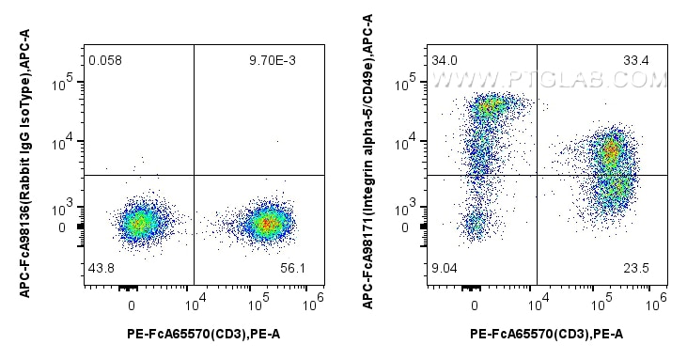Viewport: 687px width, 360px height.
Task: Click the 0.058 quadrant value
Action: pyautogui.click(x=105, y=61)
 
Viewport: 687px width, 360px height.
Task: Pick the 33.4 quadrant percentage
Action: pyautogui.click(x=636, y=61)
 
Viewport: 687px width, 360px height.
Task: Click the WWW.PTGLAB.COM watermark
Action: pyautogui.click(x=556, y=81)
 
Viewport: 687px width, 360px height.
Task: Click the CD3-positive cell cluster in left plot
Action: pyautogui.click(x=268, y=224)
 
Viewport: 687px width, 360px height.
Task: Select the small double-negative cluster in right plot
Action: pyautogui.click(x=476, y=224)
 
